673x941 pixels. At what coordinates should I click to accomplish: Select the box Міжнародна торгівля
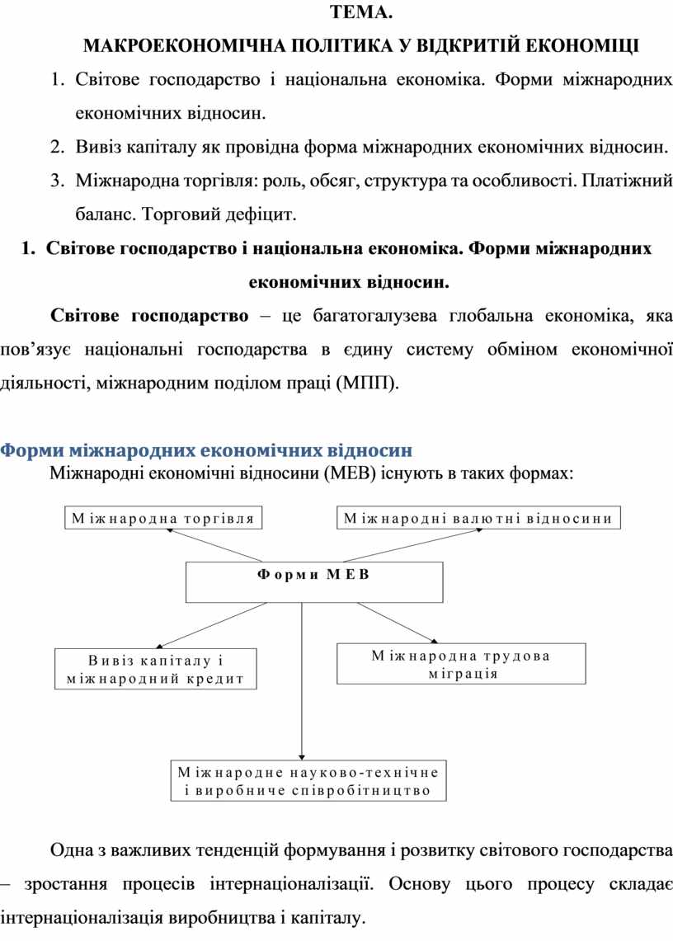[x=162, y=518]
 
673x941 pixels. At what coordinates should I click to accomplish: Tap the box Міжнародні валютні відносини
[x=478, y=518]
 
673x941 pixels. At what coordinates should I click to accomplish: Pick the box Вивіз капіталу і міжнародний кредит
[x=155, y=669]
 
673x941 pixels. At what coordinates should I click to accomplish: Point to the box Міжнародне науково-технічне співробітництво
[x=308, y=780]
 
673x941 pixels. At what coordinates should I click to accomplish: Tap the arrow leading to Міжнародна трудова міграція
[x=388, y=623]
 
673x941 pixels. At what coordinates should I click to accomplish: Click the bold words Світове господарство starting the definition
[x=149, y=316]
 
